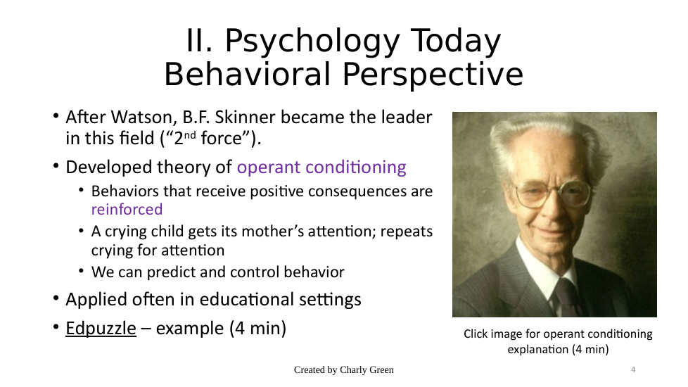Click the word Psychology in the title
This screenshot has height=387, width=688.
click(312, 42)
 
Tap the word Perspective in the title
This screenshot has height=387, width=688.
click(433, 75)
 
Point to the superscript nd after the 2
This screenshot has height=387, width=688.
click(189, 134)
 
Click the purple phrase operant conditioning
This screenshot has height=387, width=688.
click(321, 167)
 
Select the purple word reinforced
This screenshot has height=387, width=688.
click(127, 209)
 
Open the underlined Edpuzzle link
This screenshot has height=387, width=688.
click(101, 329)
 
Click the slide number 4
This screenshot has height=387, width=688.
click(633, 369)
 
